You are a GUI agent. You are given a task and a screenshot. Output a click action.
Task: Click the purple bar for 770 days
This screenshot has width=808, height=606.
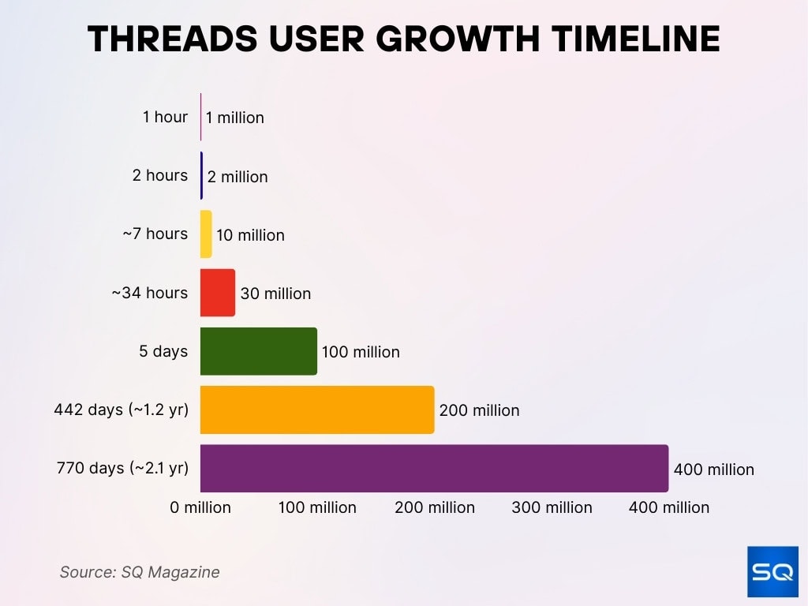click(434, 469)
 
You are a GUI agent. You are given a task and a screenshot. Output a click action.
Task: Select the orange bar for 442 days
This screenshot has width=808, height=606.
click(317, 410)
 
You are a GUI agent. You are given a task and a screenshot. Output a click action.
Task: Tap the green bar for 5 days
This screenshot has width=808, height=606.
click(258, 351)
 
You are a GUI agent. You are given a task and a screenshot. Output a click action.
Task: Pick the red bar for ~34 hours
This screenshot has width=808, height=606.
click(218, 293)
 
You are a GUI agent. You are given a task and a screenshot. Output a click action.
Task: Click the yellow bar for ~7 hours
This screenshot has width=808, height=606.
click(206, 234)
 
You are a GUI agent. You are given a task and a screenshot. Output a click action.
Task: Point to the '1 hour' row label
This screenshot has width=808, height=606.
click(165, 117)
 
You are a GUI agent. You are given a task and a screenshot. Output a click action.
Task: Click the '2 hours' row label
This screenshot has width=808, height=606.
click(160, 175)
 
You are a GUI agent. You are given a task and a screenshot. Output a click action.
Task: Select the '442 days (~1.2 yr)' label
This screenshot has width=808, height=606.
click(121, 410)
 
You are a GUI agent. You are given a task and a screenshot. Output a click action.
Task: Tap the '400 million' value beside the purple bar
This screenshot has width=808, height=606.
click(713, 469)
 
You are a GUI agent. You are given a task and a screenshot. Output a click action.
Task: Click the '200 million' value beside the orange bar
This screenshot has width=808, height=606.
click(479, 410)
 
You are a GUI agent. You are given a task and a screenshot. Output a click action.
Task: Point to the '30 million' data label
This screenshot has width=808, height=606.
click(275, 294)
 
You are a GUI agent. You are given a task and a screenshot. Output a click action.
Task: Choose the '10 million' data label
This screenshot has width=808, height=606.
click(250, 235)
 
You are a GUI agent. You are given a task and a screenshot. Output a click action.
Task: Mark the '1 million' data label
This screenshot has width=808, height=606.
click(235, 118)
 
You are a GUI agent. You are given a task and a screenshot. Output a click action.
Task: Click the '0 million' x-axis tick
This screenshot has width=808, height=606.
click(200, 507)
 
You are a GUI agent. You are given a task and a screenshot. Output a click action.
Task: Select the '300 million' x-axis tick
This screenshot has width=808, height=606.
click(552, 507)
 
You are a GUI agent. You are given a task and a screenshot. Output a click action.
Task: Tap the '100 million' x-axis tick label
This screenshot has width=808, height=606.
click(317, 507)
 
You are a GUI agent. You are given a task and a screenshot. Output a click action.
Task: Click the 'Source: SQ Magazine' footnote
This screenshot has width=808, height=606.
click(140, 572)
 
